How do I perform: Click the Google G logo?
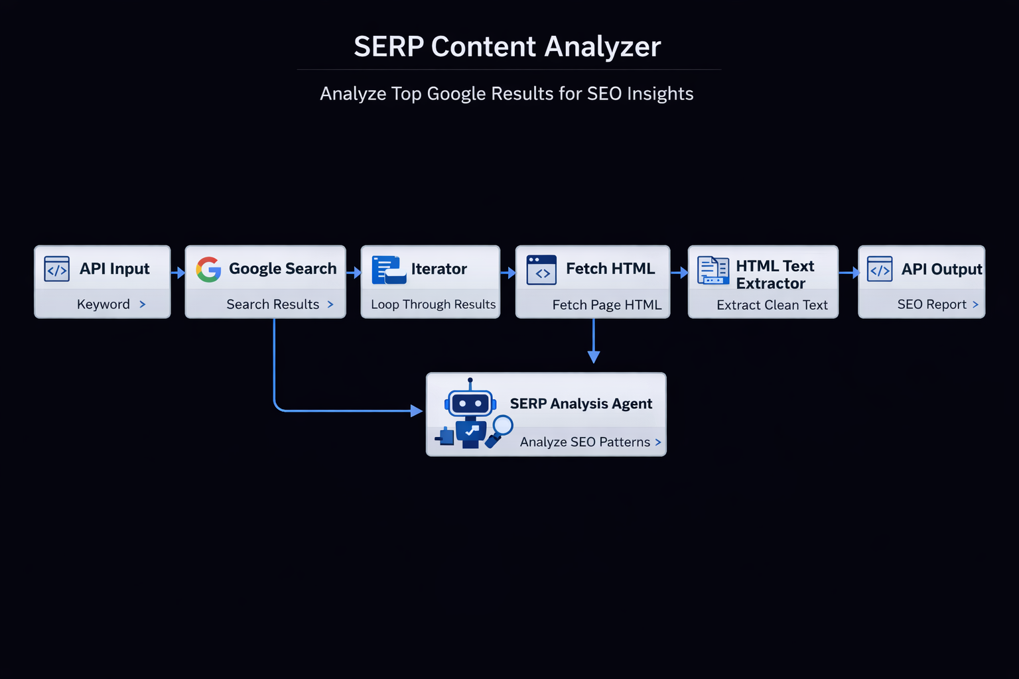(209, 269)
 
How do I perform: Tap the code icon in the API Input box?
(57, 269)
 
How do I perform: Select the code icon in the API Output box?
(879, 269)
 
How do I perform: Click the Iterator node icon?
(389, 270)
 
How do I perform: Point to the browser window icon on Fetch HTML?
(541, 270)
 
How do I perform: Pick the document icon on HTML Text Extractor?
(713, 270)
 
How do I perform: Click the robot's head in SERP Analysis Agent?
(470, 402)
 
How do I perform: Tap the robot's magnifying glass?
(499, 431)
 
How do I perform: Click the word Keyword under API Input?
(103, 304)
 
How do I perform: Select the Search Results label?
(273, 304)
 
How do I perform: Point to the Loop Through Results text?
(433, 304)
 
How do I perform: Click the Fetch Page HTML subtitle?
(607, 305)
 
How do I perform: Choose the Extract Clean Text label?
(772, 305)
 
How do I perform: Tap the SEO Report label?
(931, 304)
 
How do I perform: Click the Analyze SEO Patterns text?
(585, 442)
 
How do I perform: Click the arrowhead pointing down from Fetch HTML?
(594, 357)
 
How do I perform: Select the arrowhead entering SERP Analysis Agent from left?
(416, 410)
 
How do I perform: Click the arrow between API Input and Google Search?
(178, 273)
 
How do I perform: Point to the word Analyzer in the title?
(603, 47)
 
